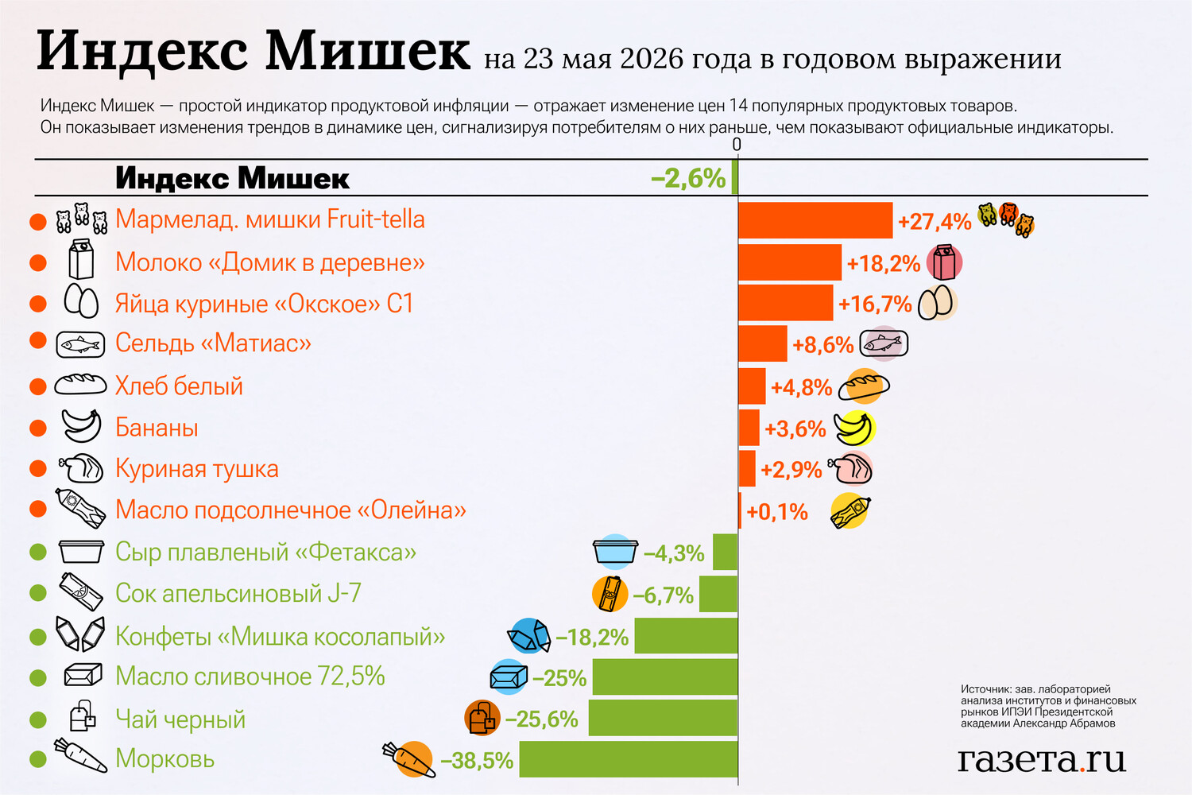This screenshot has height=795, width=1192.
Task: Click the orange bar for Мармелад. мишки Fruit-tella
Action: pos(815,220)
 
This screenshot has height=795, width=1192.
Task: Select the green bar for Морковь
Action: pos(629,758)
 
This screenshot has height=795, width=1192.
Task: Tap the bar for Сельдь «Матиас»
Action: pos(763,343)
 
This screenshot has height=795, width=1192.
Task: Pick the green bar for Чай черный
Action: pos(663,718)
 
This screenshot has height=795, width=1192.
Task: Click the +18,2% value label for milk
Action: pos(884,264)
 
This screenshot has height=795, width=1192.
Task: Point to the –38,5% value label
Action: pos(477,760)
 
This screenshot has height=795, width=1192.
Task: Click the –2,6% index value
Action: pos(688,178)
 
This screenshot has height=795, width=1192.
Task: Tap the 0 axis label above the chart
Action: pos(737,145)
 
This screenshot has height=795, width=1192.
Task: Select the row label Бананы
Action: pos(157,428)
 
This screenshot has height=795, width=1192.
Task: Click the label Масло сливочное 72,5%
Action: pos(250,677)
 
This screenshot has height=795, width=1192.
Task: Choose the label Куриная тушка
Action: pos(197,468)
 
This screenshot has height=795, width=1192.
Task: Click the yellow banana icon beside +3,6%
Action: pos(854,429)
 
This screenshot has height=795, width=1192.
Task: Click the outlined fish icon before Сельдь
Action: pos(80,344)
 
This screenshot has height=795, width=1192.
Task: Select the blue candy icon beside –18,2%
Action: pos(528,635)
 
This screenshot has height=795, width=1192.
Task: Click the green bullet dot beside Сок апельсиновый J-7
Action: pos(38,592)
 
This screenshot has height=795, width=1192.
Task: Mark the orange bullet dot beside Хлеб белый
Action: pos(38,386)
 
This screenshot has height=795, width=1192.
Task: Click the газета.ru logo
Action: pos(1042,760)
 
